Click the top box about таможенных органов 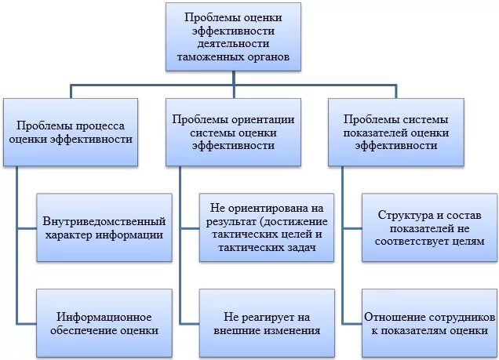point(233,37)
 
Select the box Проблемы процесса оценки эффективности point(71,131)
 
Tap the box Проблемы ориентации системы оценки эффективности point(233,131)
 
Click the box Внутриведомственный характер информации point(104,227)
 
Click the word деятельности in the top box point(233,44)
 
